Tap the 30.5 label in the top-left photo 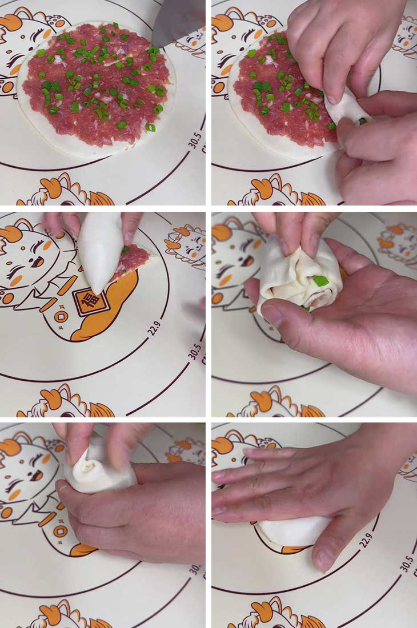click(195, 138)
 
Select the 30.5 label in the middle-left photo click(194, 349)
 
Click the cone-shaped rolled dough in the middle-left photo click(101, 249)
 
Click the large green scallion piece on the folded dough click(320, 281)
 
